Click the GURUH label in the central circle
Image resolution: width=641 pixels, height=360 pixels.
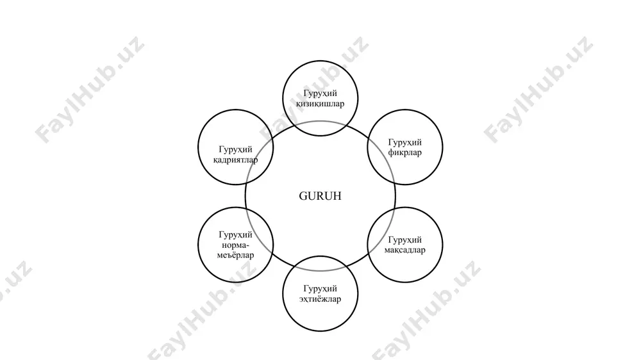pos(320,196)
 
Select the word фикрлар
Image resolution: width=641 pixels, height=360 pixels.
pos(404,153)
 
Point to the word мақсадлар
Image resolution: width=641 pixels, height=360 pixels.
pos(404,250)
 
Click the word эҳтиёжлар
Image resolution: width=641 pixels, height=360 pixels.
pos(320,299)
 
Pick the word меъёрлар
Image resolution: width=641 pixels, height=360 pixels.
pos(235,256)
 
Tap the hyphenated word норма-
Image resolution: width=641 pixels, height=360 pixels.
pos(235,245)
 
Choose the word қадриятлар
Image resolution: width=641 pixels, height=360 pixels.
pos(235,160)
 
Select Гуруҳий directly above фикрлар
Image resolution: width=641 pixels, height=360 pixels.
pos(404,143)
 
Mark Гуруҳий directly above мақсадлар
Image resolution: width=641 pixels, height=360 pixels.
pos(404,240)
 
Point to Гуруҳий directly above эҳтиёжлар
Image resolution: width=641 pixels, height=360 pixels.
pos(320,289)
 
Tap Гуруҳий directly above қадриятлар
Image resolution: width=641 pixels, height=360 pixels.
pos(235,149)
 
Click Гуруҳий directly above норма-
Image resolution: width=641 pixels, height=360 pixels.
pos(235,235)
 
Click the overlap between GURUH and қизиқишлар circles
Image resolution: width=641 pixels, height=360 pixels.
pos(320,128)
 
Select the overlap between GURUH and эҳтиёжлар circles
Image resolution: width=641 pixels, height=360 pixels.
pos(320,263)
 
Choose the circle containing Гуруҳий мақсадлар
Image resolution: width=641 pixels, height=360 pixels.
pos(442,245)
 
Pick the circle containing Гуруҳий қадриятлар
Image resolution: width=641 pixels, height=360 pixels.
pos(198,147)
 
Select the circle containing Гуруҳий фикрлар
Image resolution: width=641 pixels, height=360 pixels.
pos(442,147)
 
